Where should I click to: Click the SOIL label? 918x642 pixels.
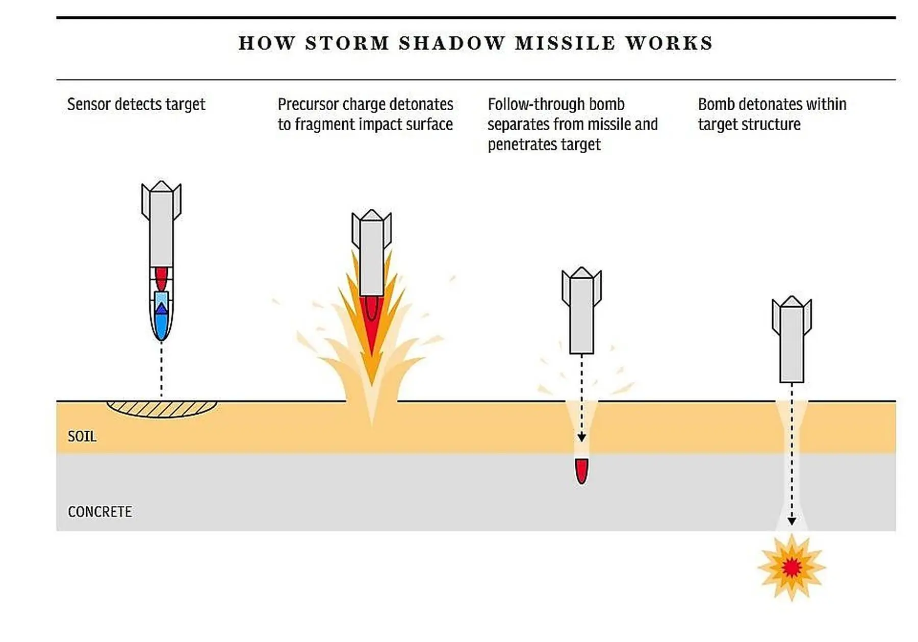coord(82,436)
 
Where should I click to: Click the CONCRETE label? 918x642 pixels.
coord(99,511)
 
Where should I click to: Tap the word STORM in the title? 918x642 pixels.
coord(347,43)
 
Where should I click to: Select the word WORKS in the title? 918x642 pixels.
coord(669,43)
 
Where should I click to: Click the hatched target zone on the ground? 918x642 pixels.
coord(162,409)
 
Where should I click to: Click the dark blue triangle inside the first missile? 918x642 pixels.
coord(161,308)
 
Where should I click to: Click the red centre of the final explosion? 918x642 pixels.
coord(791,567)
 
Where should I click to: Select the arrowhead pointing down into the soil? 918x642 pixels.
coord(581,438)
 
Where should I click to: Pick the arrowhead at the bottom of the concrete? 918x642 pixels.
coord(792,521)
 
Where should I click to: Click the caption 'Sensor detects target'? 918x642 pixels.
coord(136,104)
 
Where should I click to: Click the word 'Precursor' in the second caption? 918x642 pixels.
coord(308,104)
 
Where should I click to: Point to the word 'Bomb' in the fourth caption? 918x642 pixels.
coord(716,104)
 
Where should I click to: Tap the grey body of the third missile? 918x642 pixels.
coord(581,316)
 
